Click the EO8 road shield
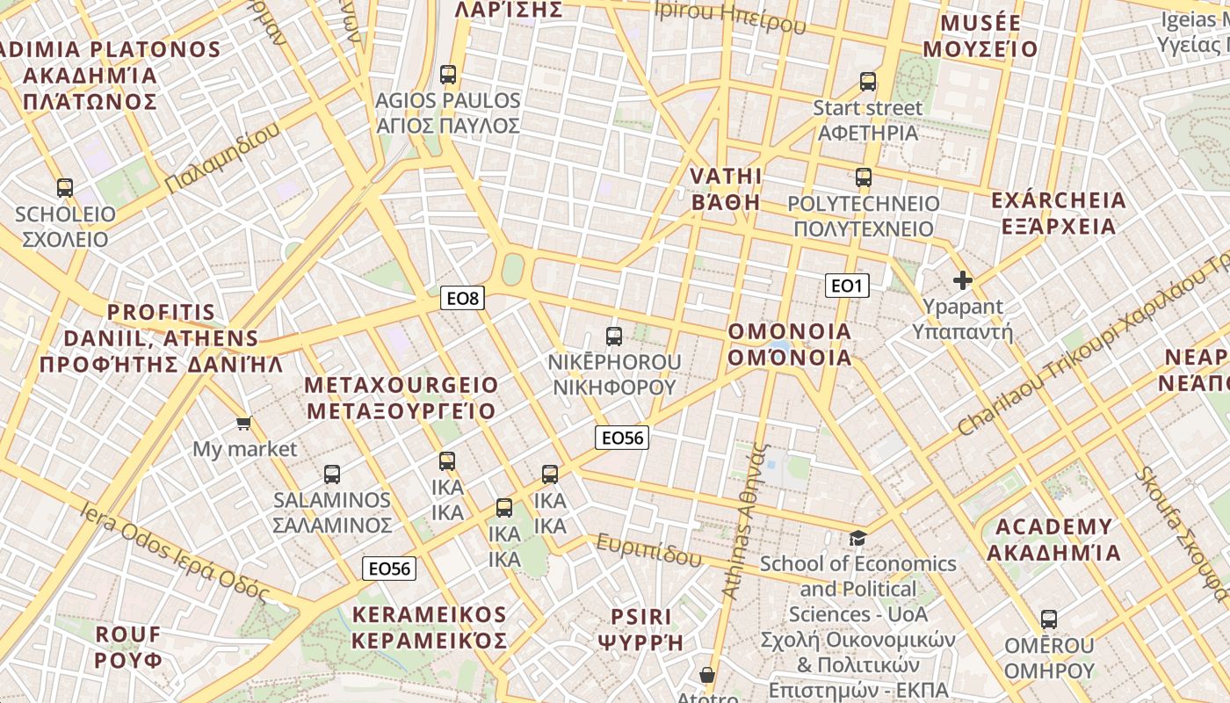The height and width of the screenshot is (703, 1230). click(463, 299)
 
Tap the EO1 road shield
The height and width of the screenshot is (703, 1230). click(847, 286)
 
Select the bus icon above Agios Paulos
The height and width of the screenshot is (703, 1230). click(448, 75)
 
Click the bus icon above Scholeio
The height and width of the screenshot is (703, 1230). click(65, 187)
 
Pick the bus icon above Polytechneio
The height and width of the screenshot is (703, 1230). click(864, 178)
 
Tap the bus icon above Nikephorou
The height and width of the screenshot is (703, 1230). click(614, 336)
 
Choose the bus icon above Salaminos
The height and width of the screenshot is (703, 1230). click(332, 475)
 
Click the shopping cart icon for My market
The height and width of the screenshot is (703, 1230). click(244, 424)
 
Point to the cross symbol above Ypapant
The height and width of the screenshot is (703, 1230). click(963, 281)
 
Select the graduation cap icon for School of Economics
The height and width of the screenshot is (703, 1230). click(857, 538)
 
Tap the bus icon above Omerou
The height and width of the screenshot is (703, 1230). click(1049, 620)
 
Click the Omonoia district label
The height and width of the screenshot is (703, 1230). click(790, 344)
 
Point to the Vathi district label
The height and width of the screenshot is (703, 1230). click(726, 189)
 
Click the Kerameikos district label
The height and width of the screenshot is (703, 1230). click(429, 627)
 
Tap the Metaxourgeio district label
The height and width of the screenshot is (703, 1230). click(401, 398)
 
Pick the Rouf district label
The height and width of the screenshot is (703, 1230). click(128, 647)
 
